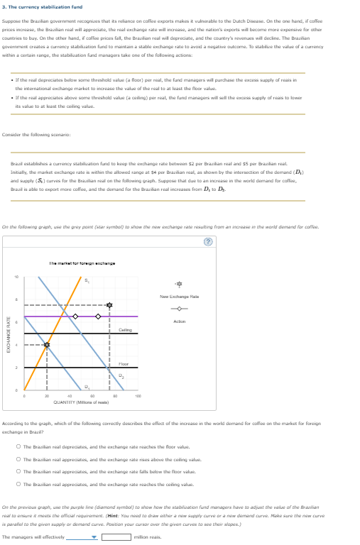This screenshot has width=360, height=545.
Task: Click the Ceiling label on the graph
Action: [124, 330]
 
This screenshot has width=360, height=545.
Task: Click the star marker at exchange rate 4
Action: [47, 346]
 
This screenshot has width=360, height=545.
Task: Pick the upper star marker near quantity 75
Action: [109, 305]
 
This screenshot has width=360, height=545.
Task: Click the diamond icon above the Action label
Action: [179, 308]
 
